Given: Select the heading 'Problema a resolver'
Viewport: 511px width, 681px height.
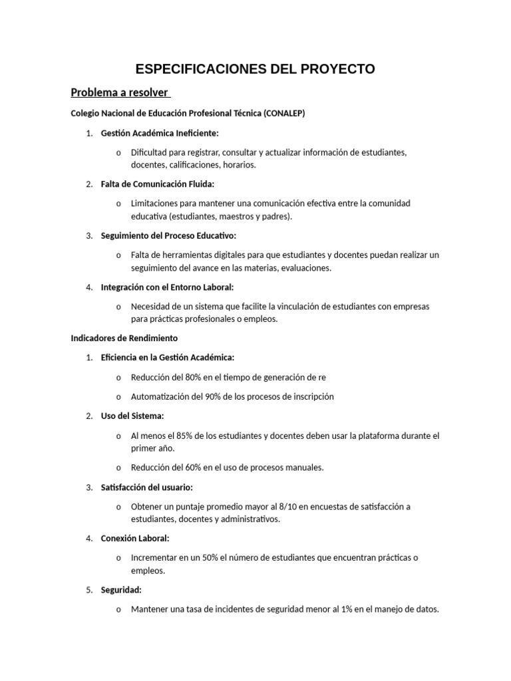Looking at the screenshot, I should click(120, 92).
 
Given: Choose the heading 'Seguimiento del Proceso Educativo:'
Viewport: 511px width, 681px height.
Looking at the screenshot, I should click(168, 235).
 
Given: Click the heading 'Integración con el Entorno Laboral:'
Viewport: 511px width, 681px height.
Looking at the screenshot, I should click(167, 287).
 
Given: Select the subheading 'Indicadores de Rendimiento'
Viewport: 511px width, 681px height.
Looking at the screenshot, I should click(124, 339).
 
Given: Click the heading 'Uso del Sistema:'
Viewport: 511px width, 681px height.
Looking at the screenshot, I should click(132, 416).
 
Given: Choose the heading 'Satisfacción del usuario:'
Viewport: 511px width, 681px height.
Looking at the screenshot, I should click(146, 487).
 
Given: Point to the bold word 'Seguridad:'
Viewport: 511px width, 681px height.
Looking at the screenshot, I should click(121, 590).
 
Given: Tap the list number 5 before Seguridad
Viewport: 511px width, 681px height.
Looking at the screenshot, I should click(88, 590).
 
